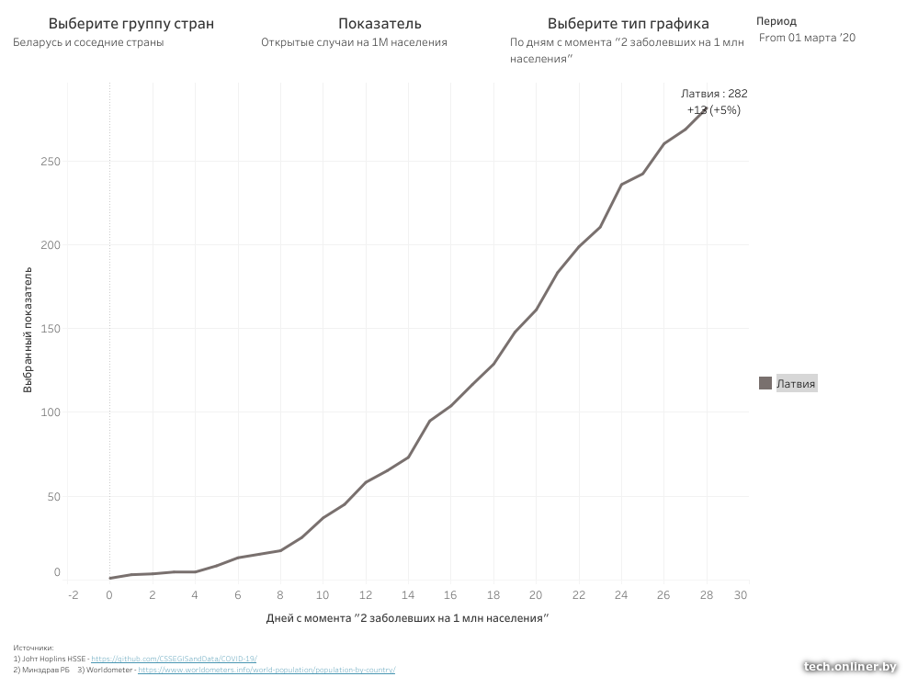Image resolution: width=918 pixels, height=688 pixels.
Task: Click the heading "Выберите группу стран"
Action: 130,23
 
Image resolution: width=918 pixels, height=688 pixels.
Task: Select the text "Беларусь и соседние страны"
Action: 89,42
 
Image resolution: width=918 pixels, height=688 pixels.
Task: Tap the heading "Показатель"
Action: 380,23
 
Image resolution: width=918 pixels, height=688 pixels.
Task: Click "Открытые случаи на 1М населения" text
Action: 354,42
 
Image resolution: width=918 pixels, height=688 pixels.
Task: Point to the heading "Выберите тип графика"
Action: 628,23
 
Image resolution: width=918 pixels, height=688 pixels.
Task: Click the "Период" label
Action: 776,21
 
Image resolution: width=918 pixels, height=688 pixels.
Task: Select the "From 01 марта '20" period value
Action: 807,38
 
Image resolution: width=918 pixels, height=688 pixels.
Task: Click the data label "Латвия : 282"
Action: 714,94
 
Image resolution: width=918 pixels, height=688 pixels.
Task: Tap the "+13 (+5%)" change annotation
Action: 714,110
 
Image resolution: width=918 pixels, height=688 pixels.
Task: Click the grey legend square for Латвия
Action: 765,384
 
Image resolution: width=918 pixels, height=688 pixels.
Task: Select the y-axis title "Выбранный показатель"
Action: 28,330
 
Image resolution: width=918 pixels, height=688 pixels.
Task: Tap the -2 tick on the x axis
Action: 74,594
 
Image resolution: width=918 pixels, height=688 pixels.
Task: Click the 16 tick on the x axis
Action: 451,594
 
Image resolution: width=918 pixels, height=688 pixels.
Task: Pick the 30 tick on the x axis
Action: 741,594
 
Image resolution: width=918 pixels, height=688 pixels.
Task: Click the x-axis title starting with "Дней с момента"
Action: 407,618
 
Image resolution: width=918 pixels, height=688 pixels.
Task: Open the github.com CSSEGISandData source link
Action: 174,659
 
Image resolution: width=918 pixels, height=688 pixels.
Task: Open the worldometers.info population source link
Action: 266,670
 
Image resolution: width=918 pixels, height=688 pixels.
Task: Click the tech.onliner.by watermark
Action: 849,666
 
